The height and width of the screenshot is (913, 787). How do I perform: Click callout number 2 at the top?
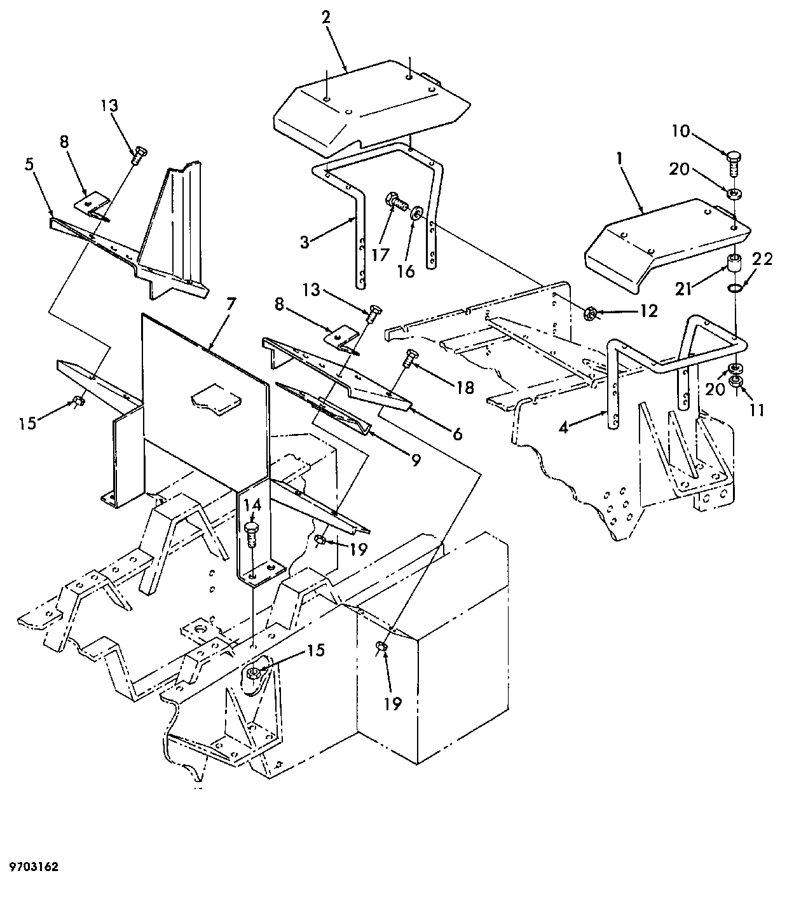[x=325, y=18]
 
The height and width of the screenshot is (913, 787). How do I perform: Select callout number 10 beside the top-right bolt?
[x=681, y=132]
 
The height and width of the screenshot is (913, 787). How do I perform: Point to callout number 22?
[x=762, y=259]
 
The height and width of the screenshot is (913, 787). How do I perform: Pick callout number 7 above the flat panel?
[x=231, y=304]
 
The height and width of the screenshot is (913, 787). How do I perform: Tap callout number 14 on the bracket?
[x=252, y=505]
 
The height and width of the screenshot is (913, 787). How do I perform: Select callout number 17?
[x=380, y=255]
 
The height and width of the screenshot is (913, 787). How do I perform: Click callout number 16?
[x=406, y=271]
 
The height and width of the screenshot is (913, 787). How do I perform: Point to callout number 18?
[x=464, y=388]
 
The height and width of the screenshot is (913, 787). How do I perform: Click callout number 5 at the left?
[x=29, y=165]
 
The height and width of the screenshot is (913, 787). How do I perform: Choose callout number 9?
[x=416, y=460]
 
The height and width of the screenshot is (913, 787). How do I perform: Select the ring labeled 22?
[x=734, y=288]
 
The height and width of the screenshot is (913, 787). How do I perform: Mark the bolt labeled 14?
[x=252, y=534]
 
